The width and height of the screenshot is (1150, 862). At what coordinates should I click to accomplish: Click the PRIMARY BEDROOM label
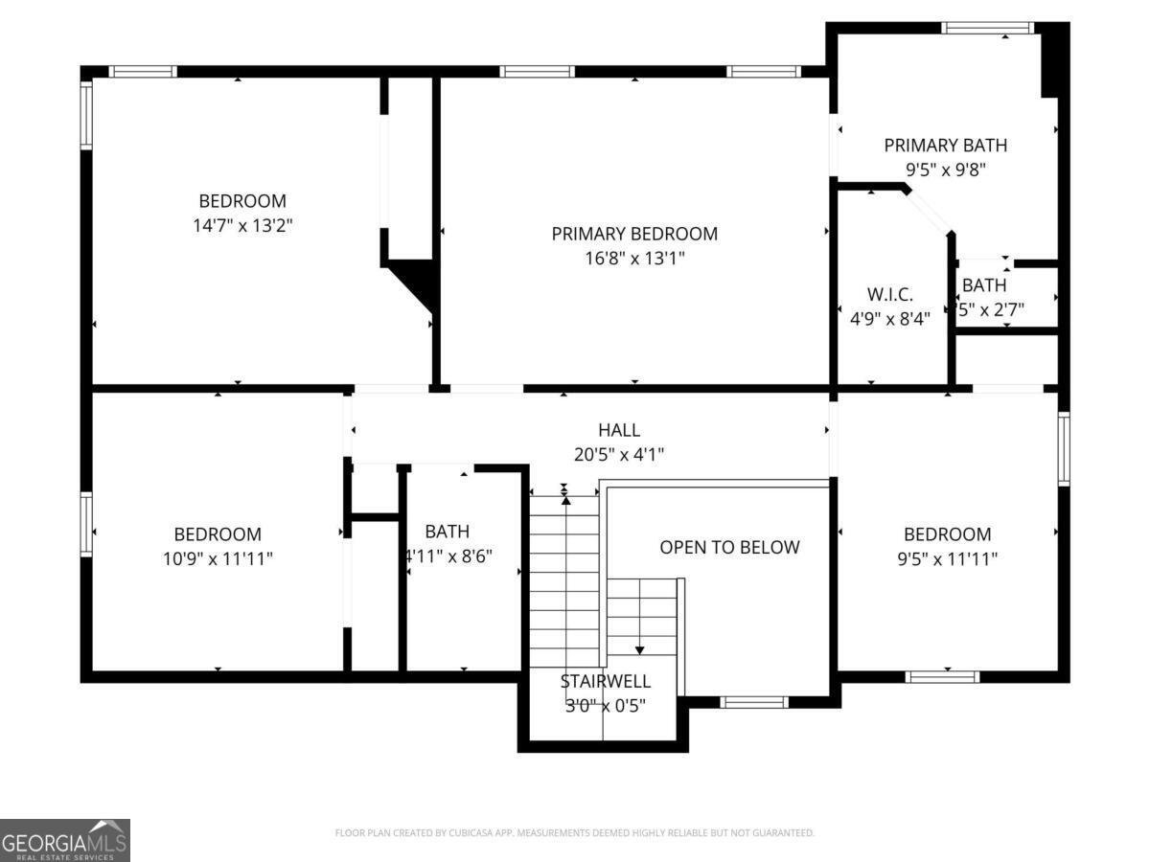tap(633, 234)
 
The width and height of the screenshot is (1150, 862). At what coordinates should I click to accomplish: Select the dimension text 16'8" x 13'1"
tap(633, 259)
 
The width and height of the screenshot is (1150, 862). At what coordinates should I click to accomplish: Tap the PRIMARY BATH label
tap(945, 146)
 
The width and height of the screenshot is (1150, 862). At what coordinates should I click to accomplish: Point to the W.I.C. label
tap(889, 294)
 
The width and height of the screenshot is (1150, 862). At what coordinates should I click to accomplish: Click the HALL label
tap(618, 431)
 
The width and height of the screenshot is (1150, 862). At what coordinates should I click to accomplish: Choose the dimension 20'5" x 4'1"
tap(618, 455)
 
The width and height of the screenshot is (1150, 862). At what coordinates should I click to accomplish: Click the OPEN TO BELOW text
tap(729, 547)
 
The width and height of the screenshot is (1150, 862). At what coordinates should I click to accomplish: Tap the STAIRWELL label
tap(605, 681)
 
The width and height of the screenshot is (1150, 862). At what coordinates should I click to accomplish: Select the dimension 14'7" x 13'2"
tap(241, 225)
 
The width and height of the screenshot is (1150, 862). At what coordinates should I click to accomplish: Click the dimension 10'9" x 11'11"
tap(217, 558)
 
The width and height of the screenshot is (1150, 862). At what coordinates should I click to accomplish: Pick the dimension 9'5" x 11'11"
tap(947, 558)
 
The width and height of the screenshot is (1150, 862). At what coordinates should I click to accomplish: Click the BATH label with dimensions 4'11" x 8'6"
tap(448, 532)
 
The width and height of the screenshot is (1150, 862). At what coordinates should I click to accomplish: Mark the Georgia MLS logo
tap(65, 840)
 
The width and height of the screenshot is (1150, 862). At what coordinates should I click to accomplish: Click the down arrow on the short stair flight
tap(640, 649)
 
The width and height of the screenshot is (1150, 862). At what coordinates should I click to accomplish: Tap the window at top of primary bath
tap(987, 28)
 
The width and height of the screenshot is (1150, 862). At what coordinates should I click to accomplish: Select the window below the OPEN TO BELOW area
tap(754, 702)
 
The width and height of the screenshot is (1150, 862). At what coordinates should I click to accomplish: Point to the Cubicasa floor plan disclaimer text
tap(574, 833)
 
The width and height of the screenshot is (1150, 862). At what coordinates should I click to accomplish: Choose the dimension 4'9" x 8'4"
tap(889, 319)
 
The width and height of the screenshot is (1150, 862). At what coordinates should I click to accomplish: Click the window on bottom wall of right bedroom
tap(942, 676)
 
